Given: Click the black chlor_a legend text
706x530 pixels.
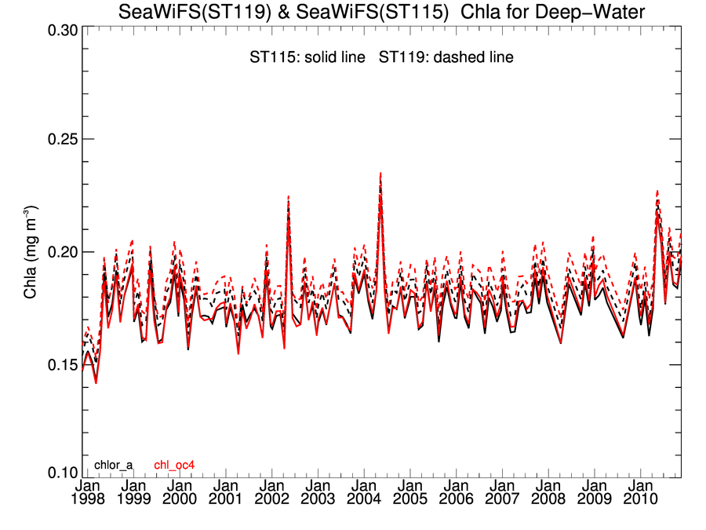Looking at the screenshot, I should click(113, 465).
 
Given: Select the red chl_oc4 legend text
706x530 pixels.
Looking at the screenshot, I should click(174, 465).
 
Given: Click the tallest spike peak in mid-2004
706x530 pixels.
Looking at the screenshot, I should click(380, 174).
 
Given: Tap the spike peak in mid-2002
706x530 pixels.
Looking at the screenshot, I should click(289, 196).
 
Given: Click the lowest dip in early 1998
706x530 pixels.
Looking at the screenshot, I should click(96, 382).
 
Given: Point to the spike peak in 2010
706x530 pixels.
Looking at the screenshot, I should click(657, 191).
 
